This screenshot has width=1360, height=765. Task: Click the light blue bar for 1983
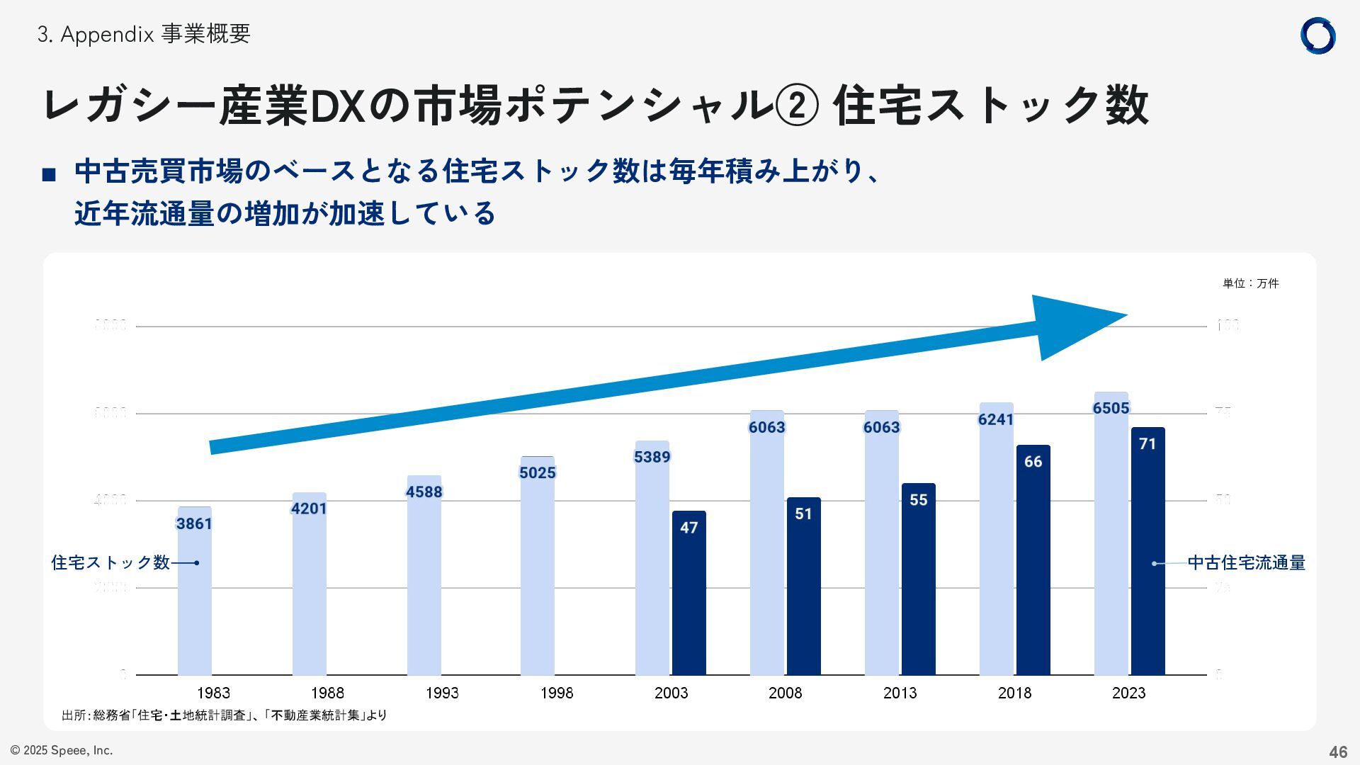194,602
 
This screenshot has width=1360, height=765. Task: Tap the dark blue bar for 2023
1147,560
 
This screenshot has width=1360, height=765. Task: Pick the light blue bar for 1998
538,574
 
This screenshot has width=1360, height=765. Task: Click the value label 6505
1111,408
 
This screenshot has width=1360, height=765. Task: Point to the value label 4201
309,509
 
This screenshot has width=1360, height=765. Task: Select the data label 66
1033,462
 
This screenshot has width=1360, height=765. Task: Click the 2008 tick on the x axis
786,693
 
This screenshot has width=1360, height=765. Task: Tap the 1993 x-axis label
442,693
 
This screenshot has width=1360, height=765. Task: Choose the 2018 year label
1014,693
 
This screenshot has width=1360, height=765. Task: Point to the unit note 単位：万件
1250,283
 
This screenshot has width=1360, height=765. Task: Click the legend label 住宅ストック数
110,562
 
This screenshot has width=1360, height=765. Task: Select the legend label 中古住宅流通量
1246,563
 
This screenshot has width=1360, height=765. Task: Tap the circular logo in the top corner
1317,35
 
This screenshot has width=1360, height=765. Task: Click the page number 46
1337,752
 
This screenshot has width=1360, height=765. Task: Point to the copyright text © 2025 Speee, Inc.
62,750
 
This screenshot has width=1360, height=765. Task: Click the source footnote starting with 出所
224,715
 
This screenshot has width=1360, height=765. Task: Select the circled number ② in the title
798,106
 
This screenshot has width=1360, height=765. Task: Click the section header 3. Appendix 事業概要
144,34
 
